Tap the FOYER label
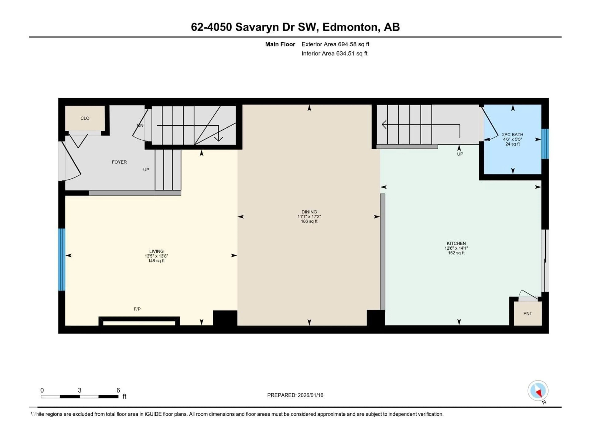[119, 162]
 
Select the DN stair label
[140, 125]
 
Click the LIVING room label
[156, 251]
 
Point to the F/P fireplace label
[137, 309]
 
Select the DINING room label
[309, 212]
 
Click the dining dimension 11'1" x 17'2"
[309, 217]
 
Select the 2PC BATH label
[513, 135]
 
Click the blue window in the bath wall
[545, 144]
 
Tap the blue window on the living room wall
[62, 259]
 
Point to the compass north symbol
[538, 391]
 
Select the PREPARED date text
[295, 395]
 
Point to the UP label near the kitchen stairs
[460, 154]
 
